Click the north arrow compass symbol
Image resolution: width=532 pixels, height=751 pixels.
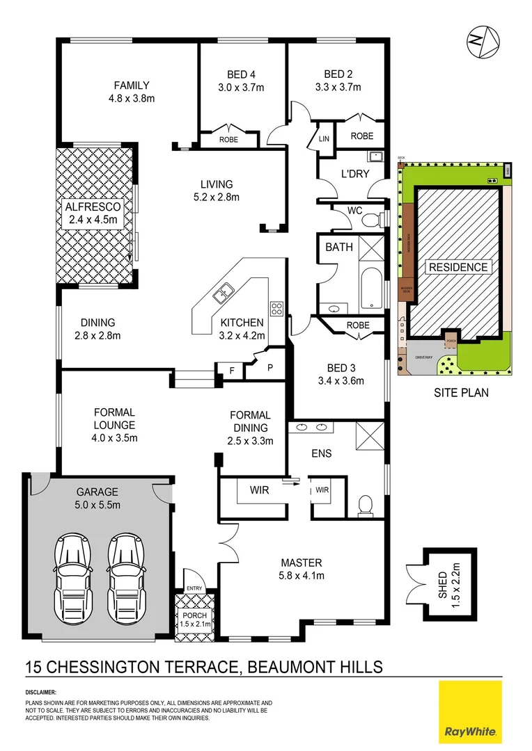[483, 40]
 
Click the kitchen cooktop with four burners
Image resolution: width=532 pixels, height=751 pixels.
[276, 308]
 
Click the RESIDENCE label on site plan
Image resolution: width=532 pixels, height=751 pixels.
[458, 267]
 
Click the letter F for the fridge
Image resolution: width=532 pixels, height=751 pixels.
[230, 371]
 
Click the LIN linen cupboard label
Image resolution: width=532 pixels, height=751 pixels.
[324, 139]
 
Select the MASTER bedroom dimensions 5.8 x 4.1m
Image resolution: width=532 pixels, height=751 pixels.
[301, 575]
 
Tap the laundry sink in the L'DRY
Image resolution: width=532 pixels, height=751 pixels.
[375, 156]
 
